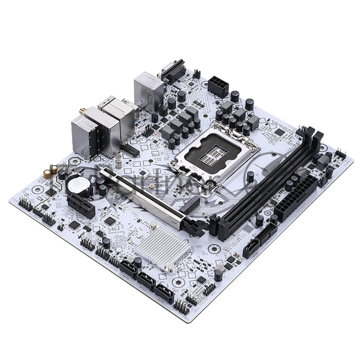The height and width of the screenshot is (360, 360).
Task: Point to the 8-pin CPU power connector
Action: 218,85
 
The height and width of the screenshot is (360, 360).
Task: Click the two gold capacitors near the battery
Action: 54,170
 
